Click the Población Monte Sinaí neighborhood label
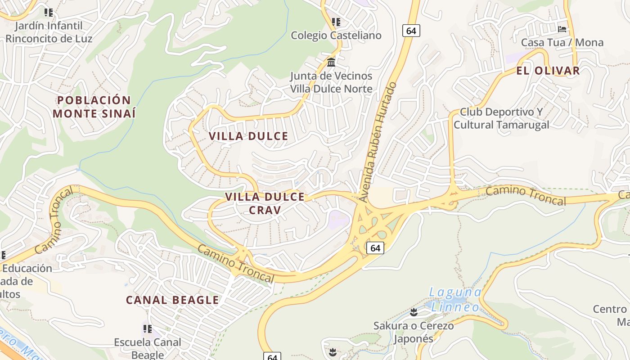pos(94,107)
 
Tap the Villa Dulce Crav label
pos(265,203)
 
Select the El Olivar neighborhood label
pos(548,71)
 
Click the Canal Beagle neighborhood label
pos(172,300)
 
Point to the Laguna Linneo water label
pos(455,300)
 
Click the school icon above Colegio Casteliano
pos(336,22)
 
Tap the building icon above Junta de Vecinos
pos(331,62)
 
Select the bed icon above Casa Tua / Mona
pos(562,29)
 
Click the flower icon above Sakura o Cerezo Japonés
pos(414,312)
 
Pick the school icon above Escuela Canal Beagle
pos(147,329)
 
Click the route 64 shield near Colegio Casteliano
pos(411,31)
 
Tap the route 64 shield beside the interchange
pos(375,247)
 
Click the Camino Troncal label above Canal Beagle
pos(235,264)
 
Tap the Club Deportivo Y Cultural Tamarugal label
pos(501,118)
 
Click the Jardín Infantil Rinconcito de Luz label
pos(49,32)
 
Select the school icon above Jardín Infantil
pos(49,13)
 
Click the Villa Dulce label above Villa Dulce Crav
pos(248,136)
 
